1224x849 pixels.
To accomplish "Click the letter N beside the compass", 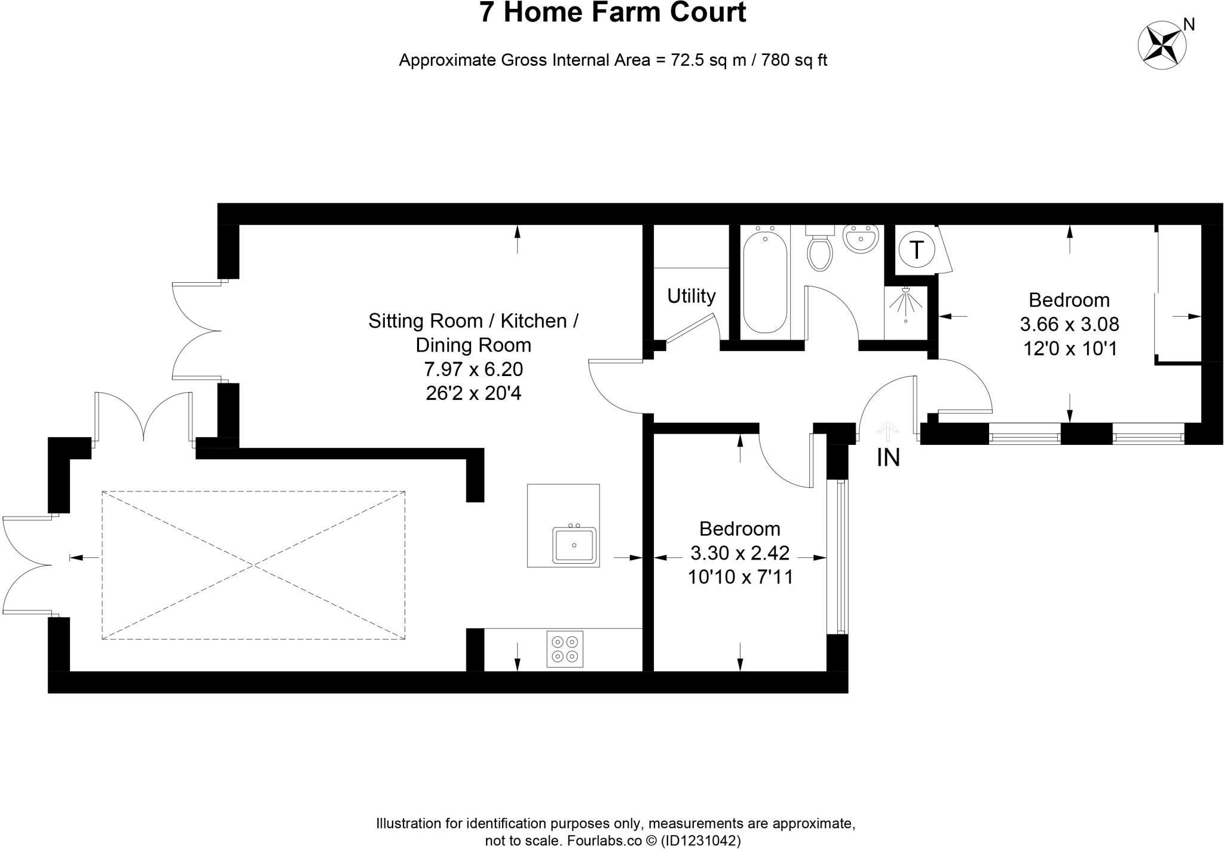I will tap(1189, 25).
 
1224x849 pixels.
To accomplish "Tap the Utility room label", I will tap(691, 296).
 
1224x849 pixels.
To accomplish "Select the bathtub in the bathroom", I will tap(764, 281).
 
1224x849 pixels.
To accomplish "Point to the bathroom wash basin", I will tap(861, 239).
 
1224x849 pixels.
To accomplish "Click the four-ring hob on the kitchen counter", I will tap(565, 649).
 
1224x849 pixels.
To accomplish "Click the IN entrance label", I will tap(888, 458).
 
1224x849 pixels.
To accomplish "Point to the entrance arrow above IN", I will tap(888, 430).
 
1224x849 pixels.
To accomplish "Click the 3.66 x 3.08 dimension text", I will tap(1069, 325).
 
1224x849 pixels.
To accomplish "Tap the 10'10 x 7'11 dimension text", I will tap(740, 577).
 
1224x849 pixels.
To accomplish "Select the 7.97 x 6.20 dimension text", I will tap(473, 369).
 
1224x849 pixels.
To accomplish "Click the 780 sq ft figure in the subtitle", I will tap(794, 60).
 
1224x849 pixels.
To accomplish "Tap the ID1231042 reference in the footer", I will tap(700, 841).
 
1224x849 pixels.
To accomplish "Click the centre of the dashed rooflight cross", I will tap(253, 566).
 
